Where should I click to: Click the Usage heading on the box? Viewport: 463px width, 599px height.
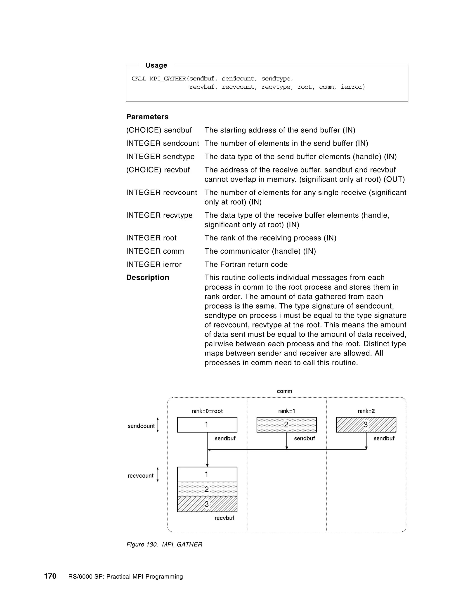[156, 65]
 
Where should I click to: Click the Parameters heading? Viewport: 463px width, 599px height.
[147, 117]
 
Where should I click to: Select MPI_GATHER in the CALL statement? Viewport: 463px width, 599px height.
[168, 79]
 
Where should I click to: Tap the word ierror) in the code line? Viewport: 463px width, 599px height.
[353, 87]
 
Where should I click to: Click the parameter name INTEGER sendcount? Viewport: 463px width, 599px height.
[162, 144]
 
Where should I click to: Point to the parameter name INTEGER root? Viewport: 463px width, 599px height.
[151, 238]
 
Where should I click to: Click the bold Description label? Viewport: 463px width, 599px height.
[148, 278]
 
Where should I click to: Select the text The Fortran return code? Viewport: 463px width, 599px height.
[246, 264]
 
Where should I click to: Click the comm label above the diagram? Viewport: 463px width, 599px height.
[284, 391]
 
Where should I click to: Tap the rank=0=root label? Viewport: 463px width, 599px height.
[207, 411]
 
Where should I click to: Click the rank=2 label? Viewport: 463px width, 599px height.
[366, 411]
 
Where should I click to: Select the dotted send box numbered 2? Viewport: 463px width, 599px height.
[286, 425]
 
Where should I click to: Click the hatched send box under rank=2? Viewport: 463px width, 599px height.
[366, 425]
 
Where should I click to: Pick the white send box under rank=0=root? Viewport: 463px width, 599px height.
[207, 425]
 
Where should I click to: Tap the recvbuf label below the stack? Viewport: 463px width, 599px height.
[224, 518]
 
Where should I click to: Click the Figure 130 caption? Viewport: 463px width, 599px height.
[164, 545]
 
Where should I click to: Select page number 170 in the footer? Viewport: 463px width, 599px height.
[50, 576]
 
